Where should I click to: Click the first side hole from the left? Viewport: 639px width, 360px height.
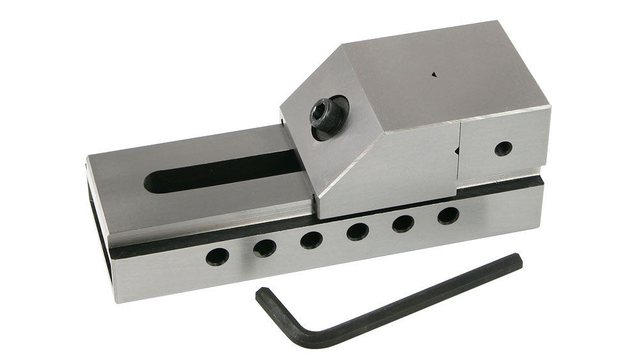(x=217, y=256)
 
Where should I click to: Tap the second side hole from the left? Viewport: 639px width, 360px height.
(x=265, y=247)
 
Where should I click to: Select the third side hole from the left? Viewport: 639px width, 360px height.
(x=311, y=240)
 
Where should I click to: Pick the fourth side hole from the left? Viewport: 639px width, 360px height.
(x=357, y=231)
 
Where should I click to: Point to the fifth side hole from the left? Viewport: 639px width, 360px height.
(x=403, y=223)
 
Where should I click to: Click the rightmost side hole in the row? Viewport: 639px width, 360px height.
(x=448, y=215)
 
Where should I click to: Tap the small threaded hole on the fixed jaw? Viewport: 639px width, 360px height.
(x=503, y=148)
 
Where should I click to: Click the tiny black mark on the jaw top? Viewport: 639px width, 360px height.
(x=434, y=74)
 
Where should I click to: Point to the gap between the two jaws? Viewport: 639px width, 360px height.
(x=458, y=153)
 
